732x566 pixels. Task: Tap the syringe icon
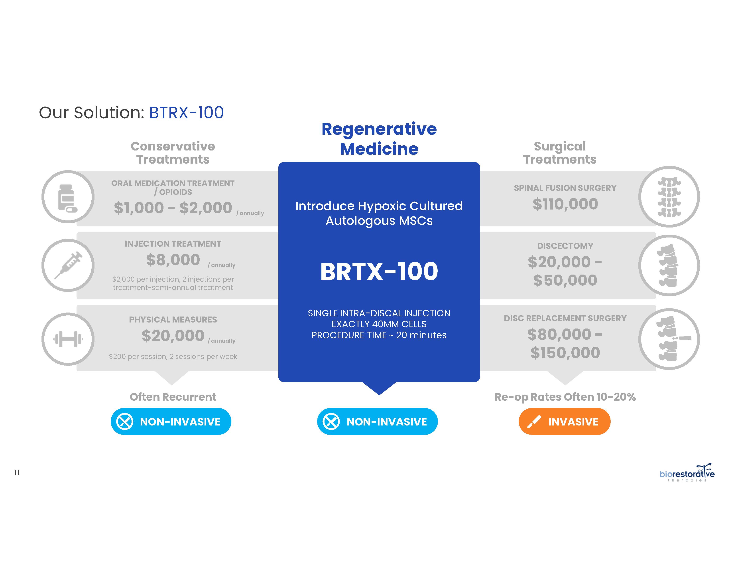(x=68, y=265)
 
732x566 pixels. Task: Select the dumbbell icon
(x=68, y=339)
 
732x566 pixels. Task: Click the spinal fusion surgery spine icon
(x=669, y=197)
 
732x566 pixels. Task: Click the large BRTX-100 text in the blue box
(x=379, y=271)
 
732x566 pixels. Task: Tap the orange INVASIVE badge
(x=565, y=422)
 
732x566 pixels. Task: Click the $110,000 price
(x=565, y=204)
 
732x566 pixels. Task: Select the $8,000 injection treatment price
(x=173, y=260)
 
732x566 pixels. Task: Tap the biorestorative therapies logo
(x=687, y=473)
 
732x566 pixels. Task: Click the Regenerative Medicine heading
(x=379, y=139)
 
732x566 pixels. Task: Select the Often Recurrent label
(x=173, y=397)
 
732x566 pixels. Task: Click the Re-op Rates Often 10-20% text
(x=565, y=397)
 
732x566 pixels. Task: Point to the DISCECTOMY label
(x=565, y=246)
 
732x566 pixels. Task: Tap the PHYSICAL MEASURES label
(x=173, y=320)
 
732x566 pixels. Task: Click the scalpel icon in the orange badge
(x=534, y=422)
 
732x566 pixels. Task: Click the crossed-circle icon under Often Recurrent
(x=125, y=422)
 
